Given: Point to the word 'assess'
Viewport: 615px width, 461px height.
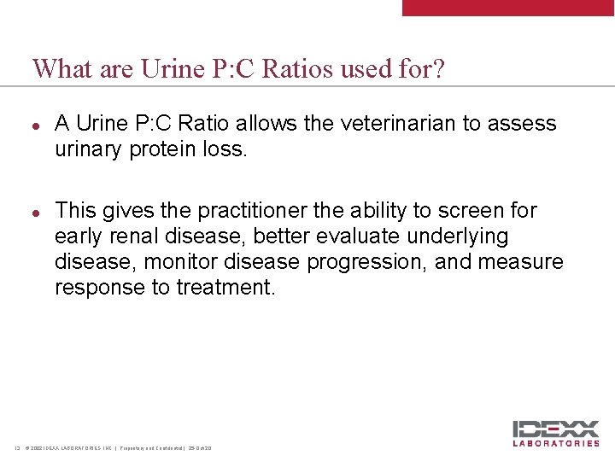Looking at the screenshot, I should pos(522,124).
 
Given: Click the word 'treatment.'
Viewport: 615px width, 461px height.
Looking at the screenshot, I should pos(226,288).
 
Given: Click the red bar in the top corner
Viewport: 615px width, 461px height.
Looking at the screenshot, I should pos(508,8).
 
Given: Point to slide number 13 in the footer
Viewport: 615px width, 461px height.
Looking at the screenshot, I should pos(16,448).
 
